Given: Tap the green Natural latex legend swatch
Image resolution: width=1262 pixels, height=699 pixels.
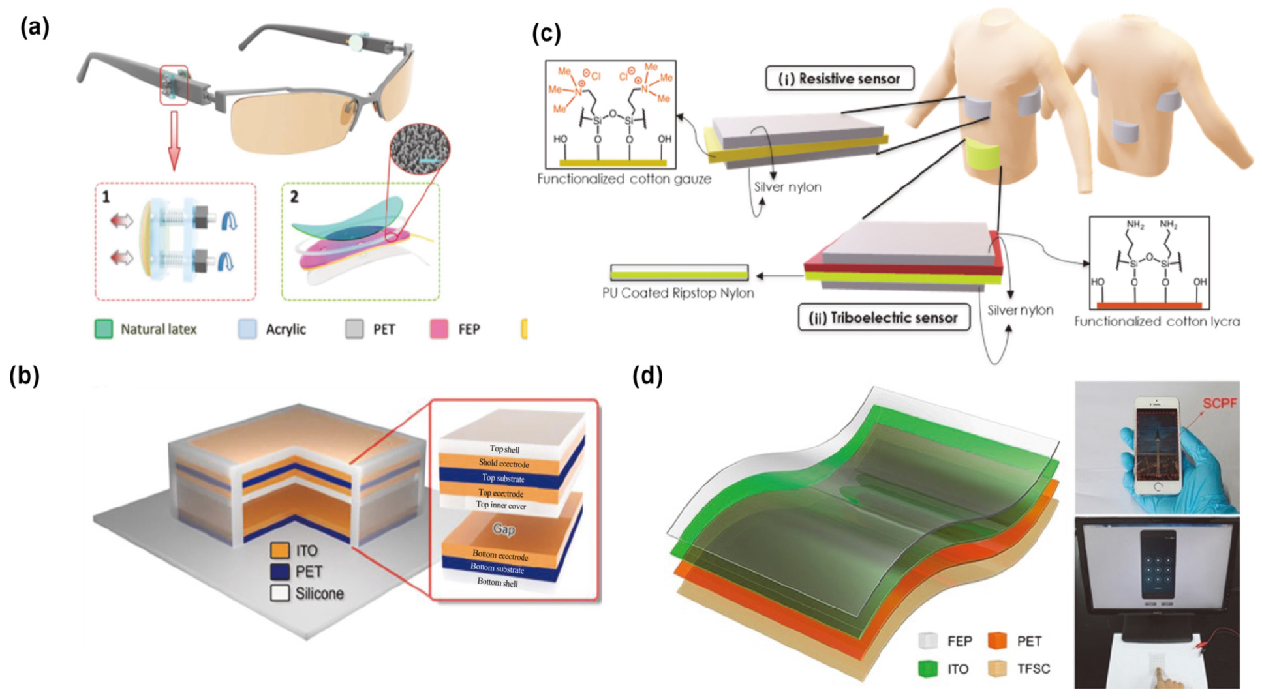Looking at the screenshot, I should click(x=104, y=329).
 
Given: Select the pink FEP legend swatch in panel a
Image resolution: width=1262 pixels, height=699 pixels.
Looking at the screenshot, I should click(x=439, y=329).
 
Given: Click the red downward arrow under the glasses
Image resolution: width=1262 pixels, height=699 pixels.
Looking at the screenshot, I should click(x=174, y=140).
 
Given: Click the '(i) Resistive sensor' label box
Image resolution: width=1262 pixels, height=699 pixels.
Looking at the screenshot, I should click(x=839, y=79).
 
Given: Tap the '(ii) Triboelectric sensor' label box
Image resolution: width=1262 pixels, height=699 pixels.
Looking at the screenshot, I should click(x=884, y=318).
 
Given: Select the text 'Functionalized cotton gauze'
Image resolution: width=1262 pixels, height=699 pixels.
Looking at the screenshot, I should click(x=624, y=179).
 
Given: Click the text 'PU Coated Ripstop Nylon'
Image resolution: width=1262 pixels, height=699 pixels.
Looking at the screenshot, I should click(x=678, y=293).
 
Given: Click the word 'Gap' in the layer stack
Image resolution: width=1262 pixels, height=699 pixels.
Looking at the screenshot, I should click(x=504, y=528).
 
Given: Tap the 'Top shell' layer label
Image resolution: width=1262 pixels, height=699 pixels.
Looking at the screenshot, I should click(x=504, y=449).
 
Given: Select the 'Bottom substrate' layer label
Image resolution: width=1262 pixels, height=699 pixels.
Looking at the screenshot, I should click(x=497, y=568).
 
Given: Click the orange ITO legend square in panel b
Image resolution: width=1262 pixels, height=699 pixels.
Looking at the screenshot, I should click(x=280, y=550).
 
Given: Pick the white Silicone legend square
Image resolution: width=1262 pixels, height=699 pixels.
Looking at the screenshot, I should click(x=280, y=593).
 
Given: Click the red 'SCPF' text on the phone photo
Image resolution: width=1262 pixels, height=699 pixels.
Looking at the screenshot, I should click(x=1220, y=404).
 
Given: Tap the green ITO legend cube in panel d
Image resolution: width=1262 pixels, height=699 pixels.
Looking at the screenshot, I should click(x=927, y=669).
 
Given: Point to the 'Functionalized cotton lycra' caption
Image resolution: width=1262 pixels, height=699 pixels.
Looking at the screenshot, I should click(x=1157, y=321).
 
